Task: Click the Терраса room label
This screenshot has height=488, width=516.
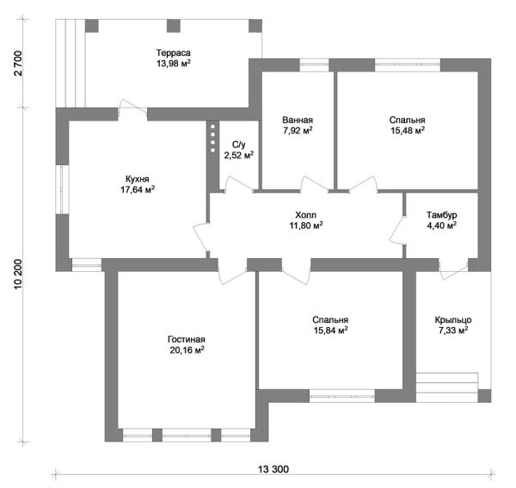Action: [173, 52]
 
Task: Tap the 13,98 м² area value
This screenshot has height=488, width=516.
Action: [173, 63]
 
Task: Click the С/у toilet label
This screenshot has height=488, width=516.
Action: [238, 145]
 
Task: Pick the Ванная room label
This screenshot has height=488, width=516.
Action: [297, 120]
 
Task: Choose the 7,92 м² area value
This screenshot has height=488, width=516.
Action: [297, 132]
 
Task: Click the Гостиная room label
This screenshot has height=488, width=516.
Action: [186, 339]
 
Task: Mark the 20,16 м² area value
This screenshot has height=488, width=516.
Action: [186, 350]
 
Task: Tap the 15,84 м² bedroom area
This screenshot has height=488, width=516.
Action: [329, 330]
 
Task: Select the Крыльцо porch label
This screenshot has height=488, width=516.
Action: [451, 319]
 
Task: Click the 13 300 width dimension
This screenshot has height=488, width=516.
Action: [273, 469]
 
